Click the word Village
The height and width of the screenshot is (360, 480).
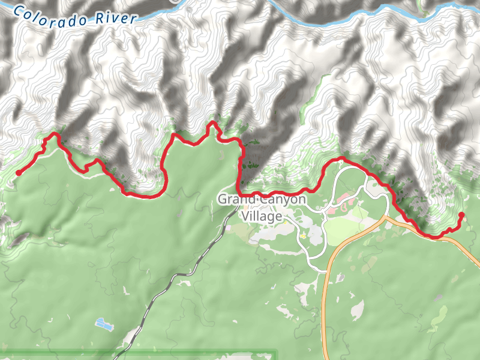[x=262, y=216]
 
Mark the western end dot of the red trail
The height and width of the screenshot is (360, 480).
[x=18, y=173]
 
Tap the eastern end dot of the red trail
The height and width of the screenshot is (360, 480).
[x=461, y=215]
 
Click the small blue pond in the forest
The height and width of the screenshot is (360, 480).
[x=105, y=325]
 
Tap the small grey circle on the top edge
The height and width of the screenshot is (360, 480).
[x=174, y=1]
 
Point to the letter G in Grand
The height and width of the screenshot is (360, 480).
[x=221, y=199]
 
